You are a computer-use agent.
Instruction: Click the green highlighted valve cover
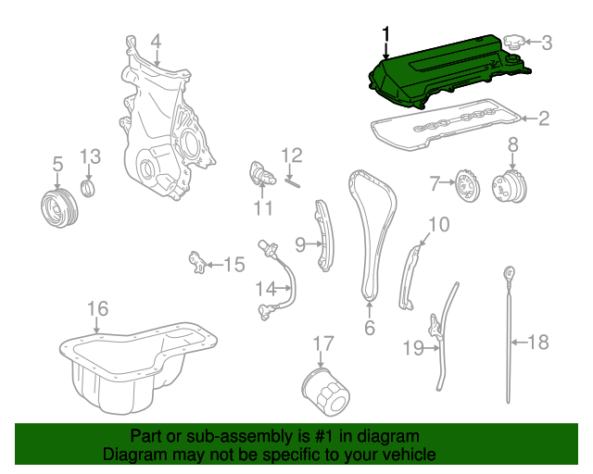pyautogui.click(x=447, y=72)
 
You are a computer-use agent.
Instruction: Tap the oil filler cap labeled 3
pyautogui.click(x=514, y=42)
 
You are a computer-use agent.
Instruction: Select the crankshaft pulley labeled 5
pyautogui.click(x=59, y=208)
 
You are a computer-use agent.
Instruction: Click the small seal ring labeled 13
pyautogui.click(x=89, y=189)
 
